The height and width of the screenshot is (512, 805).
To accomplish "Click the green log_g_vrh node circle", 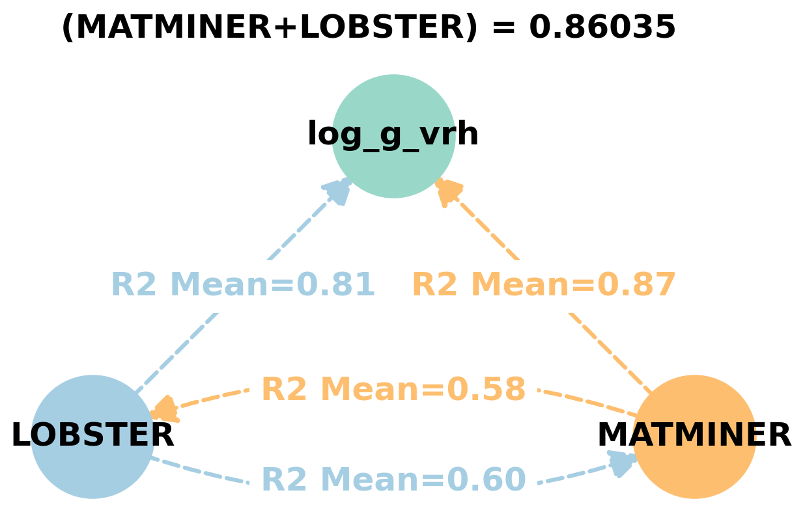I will click(x=393, y=163).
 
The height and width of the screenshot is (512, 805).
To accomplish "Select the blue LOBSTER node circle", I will click(x=92, y=462).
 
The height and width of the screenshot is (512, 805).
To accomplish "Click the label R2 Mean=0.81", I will click(x=243, y=285).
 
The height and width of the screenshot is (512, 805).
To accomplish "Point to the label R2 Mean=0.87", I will click(x=544, y=285).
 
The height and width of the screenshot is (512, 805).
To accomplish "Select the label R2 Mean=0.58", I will click(x=393, y=390).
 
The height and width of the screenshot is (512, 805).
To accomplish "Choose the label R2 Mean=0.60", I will click(x=393, y=480).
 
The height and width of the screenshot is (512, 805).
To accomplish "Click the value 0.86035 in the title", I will click(x=602, y=28).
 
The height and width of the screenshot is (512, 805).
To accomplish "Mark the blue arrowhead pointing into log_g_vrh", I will click(x=337, y=191).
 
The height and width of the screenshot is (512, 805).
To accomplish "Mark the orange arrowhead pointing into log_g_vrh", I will click(x=448, y=191).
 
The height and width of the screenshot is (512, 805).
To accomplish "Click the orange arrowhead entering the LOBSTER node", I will click(x=164, y=409).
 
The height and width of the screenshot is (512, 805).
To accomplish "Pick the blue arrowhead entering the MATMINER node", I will click(x=621, y=463).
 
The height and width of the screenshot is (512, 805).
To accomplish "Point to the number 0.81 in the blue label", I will click(x=335, y=285).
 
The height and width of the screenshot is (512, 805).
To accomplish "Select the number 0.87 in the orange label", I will click(x=636, y=285).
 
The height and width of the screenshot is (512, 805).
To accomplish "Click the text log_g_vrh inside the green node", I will click(x=393, y=135).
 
